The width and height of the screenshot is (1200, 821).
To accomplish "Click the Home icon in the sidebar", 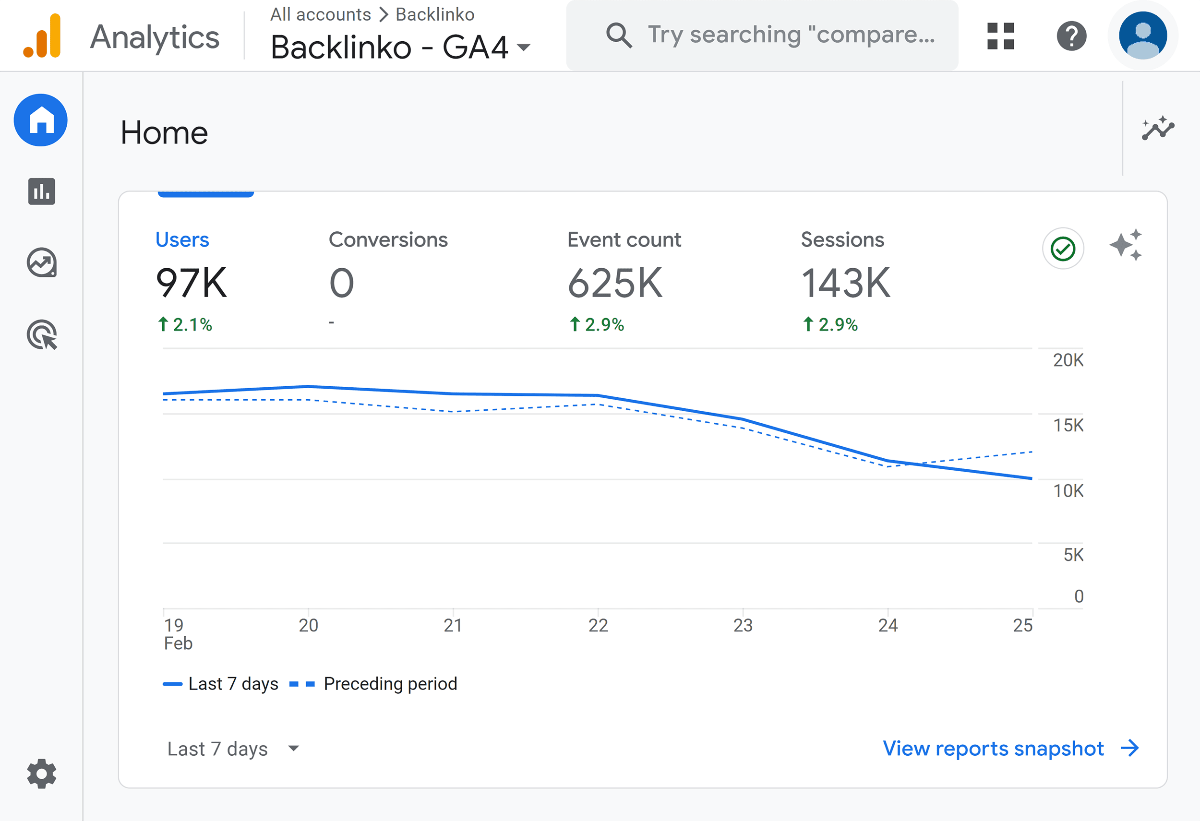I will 41,120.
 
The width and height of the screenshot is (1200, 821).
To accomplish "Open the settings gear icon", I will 41,773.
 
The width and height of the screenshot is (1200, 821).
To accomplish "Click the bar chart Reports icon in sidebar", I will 41,191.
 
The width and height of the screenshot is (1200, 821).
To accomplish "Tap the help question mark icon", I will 1071,36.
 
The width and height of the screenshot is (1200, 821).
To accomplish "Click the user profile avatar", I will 1143,36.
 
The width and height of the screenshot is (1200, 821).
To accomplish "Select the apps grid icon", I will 1000,36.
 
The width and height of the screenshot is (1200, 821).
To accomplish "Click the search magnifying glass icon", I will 619,35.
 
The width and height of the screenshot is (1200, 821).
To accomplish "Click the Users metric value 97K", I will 191,283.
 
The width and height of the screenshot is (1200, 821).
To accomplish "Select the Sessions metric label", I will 842,240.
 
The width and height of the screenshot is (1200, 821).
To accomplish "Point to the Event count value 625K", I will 614,283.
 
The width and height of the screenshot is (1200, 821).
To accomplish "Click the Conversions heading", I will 388,240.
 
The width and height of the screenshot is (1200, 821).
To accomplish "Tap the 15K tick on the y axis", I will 1068,425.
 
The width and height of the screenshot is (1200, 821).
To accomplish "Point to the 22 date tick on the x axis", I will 598,625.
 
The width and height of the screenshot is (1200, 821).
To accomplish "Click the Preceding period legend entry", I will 390,684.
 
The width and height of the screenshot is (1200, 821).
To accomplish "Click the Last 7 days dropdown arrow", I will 293,748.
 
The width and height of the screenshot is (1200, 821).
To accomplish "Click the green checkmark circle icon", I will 1063,249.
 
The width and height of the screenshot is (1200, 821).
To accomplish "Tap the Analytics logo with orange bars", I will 42,36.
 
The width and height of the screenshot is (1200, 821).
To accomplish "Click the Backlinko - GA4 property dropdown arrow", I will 524,48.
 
